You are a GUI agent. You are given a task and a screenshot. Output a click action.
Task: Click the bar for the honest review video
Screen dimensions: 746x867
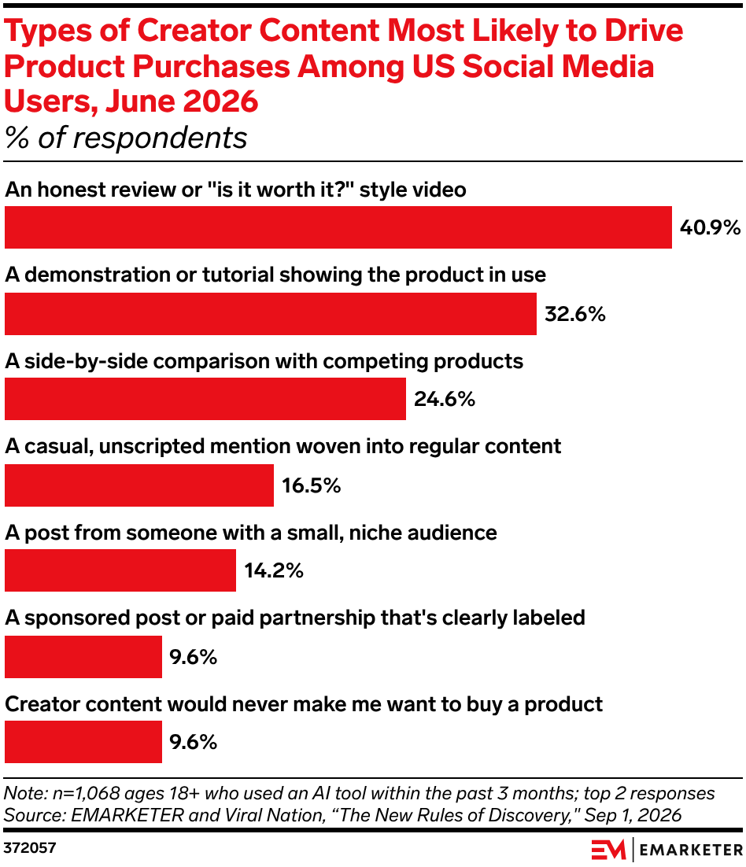(338, 227)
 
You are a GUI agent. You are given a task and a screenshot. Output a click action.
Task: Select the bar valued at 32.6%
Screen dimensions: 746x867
(271, 313)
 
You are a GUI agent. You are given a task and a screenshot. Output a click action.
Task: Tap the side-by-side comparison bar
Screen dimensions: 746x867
(205, 399)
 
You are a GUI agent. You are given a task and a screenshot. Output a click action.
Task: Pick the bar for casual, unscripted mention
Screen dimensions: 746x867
(138, 485)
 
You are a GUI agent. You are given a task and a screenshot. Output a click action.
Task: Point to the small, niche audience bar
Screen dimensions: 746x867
(120, 570)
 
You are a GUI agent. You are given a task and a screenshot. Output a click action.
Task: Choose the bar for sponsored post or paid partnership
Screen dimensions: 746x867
(83, 656)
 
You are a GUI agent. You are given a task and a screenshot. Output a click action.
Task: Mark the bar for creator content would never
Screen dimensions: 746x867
(83, 741)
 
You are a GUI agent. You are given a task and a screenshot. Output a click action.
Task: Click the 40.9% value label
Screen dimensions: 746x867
(710, 227)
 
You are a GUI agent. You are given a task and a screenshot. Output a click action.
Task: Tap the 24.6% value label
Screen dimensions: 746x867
(445, 399)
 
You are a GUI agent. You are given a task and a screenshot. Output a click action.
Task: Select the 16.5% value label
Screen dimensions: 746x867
(312, 485)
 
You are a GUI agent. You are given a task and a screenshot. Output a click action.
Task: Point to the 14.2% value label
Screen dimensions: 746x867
(274, 570)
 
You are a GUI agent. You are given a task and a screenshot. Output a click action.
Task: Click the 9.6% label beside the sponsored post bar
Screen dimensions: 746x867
(193, 656)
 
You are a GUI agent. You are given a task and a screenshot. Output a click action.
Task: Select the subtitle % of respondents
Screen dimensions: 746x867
(126, 138)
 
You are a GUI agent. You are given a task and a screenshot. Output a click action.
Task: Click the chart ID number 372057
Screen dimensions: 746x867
(30, 847)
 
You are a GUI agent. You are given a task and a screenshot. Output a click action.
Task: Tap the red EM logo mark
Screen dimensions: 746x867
(608, 850)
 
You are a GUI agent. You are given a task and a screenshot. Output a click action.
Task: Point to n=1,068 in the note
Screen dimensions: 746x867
(86, 794)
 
